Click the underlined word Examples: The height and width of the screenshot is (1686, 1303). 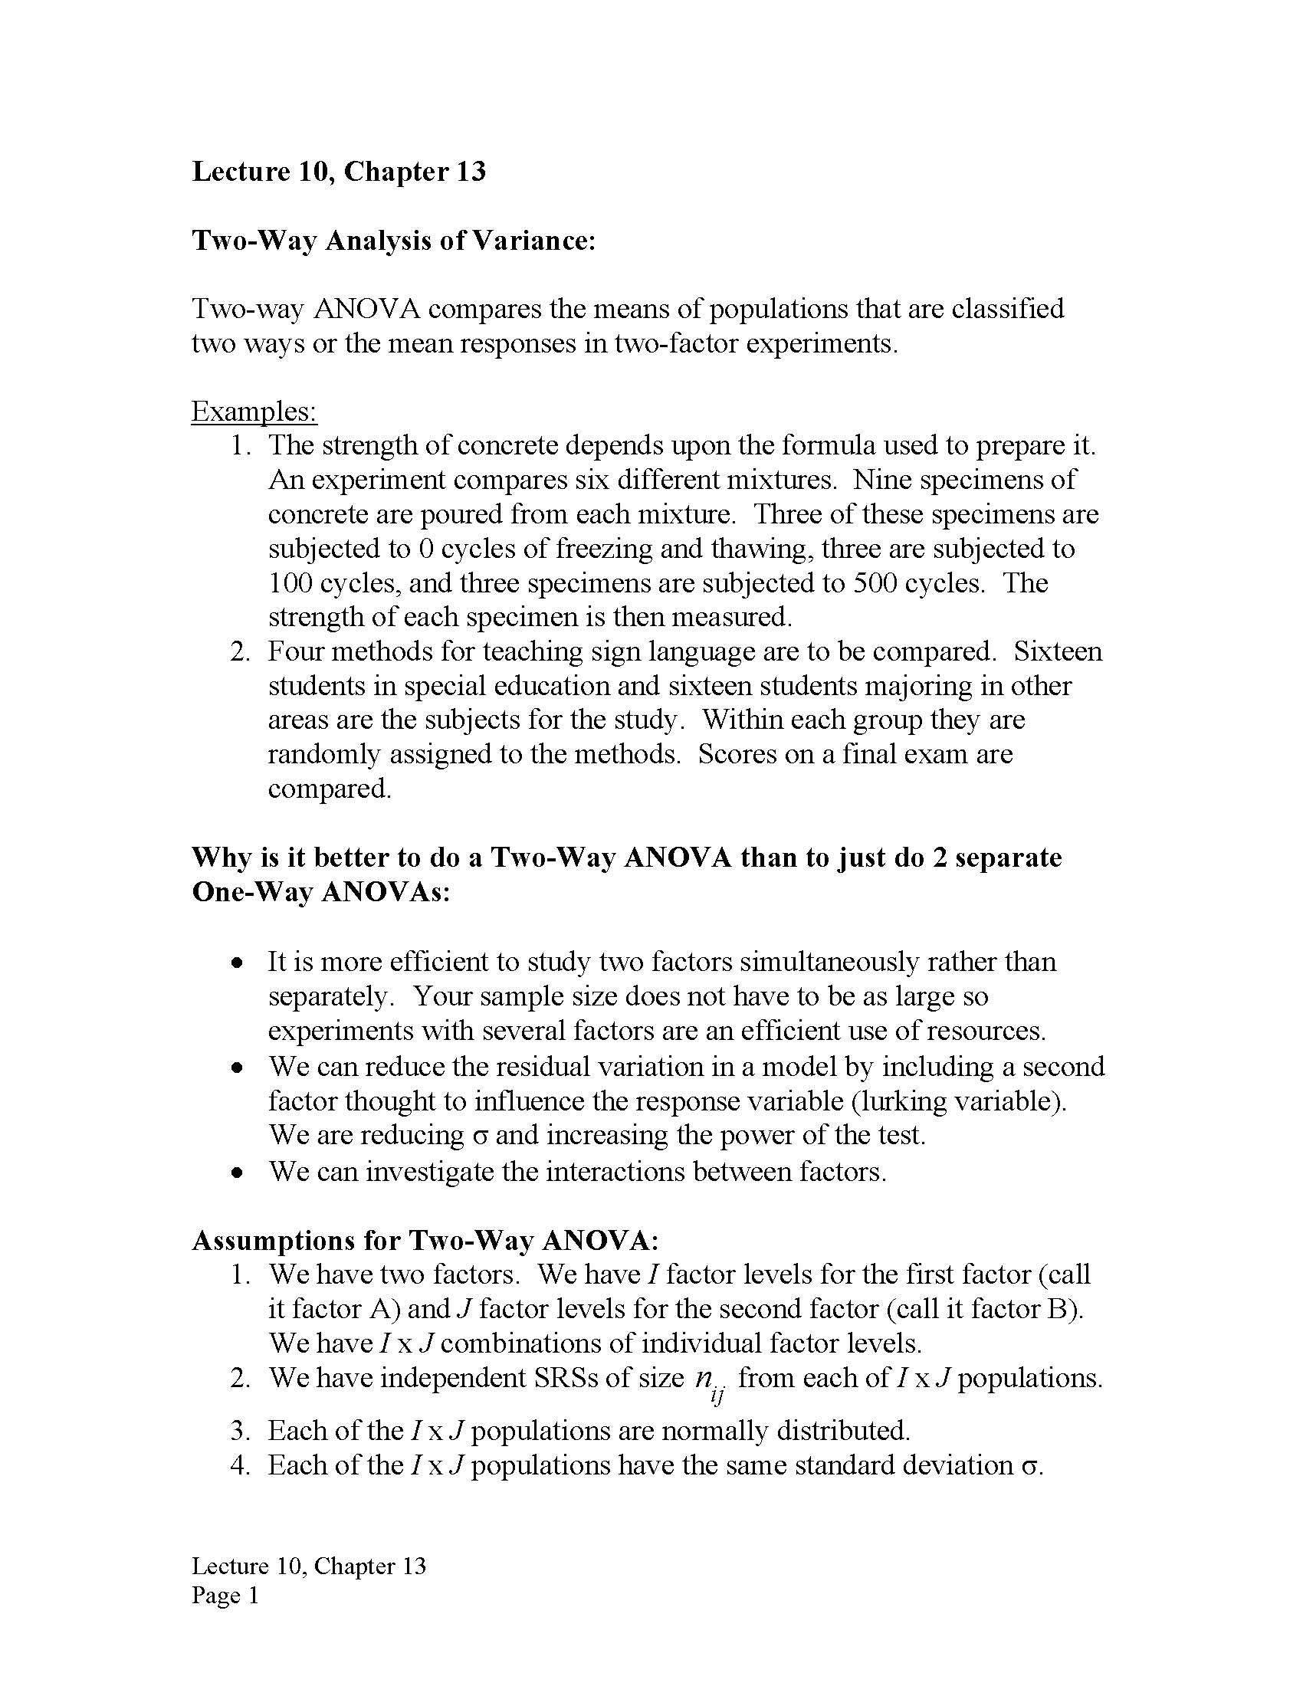tap(254, 412)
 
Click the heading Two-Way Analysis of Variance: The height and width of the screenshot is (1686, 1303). tap(394, 241)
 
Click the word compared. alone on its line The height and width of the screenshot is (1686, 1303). tap(330, 789)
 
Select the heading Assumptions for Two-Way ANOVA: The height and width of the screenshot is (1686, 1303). tap(425, 1241)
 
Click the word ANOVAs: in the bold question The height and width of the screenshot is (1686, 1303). tap(386, 892)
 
